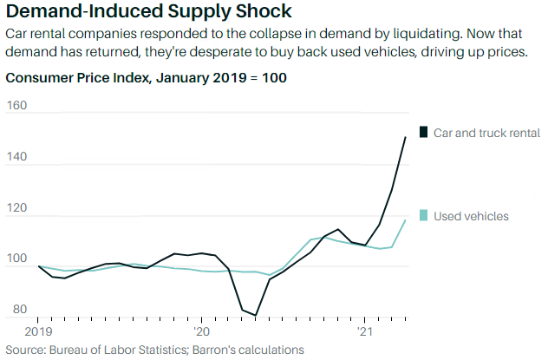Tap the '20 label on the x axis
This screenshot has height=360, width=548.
point(201,331)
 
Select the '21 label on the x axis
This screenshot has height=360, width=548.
point(365,331)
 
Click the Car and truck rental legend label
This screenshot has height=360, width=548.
point(486,133)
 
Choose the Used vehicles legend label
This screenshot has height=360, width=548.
point(471,216)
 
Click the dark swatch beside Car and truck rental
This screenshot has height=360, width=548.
point(423,133)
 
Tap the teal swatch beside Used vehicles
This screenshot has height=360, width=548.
point(423,215)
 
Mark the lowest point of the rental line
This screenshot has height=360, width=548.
point(256,316)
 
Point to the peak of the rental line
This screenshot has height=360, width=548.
point(405,137)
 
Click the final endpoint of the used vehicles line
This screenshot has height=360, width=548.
point(405,220)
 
